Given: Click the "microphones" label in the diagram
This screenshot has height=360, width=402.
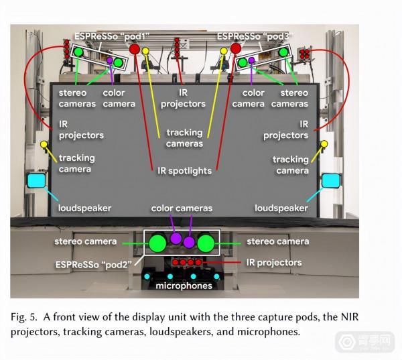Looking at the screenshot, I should click(x=184, y=286).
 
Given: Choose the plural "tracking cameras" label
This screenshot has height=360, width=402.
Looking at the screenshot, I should click(x=184, y=138).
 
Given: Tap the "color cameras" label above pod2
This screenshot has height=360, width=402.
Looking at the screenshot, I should click(x=182, y=208).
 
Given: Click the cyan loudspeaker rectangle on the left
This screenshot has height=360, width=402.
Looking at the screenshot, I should click(x=36, y=180).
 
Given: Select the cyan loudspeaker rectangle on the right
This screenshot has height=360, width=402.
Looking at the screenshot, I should click(x=331, y=180).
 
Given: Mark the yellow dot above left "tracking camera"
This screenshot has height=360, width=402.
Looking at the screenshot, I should click(x=44, y=144).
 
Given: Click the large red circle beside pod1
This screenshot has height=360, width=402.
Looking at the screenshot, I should click(x=134, y=50).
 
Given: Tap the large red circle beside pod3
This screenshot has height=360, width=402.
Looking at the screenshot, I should click(x=235, y=48).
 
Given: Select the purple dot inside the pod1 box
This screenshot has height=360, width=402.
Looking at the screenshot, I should click(x=109, y=60).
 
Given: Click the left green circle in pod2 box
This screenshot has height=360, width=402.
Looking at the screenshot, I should click(x=158, y=243).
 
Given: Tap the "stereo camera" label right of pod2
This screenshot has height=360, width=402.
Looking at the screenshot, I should click(x=277, y=241).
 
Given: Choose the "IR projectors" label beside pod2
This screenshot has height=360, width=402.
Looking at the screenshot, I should click(x=274, y=262).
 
